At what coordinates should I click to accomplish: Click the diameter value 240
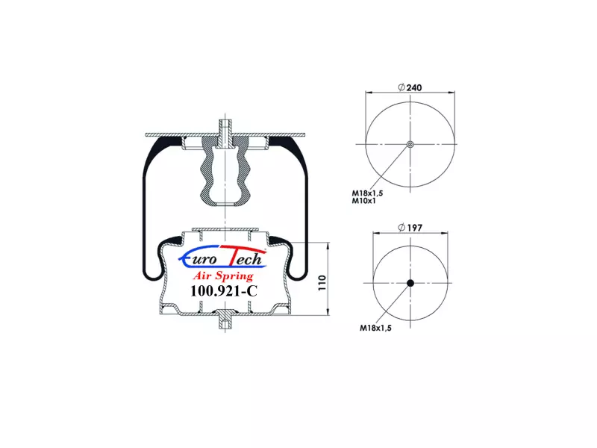[x=414, y=87]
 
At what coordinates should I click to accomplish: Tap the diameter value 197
[x=415, y=228]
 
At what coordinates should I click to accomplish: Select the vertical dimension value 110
[x=322, y=283]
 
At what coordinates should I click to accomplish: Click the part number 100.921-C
[x=224, y=291]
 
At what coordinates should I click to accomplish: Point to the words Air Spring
[x=223, y=276]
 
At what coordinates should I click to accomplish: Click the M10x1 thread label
[x=363, y=201]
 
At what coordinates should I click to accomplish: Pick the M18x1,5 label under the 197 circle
[x=376, y=328]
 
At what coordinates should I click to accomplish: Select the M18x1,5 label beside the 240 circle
[x=367, y=193]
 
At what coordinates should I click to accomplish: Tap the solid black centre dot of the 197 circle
[x=410, y=283]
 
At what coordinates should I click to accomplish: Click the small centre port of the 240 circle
[x=410, y=144]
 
